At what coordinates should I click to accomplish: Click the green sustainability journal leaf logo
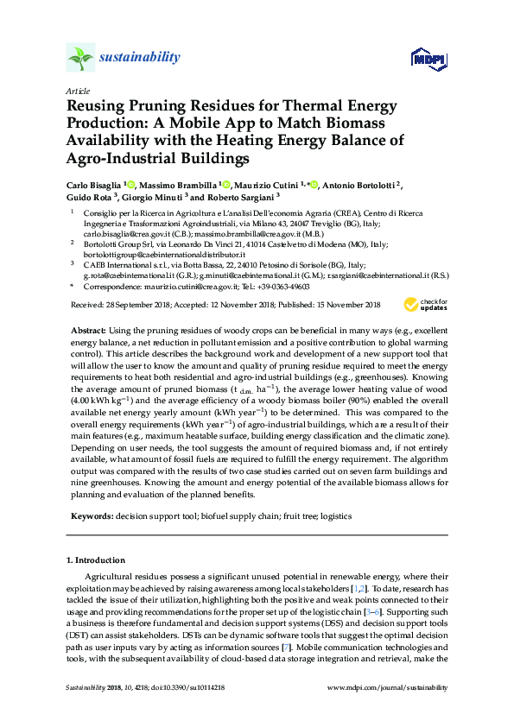79,59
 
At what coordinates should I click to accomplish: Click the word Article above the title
75,90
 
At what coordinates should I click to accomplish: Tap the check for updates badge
426,305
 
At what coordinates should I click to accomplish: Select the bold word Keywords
91,515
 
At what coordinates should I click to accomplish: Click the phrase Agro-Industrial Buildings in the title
156,158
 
